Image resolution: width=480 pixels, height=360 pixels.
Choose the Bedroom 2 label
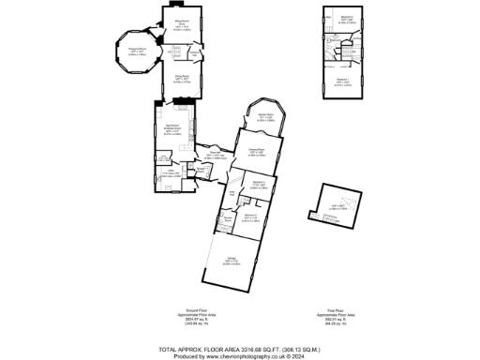point(250,217)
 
